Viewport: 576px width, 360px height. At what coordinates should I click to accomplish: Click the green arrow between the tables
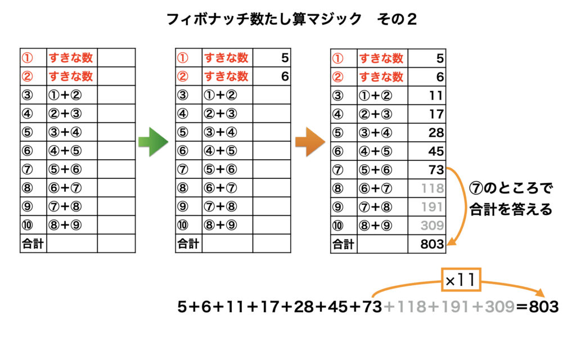pos(153,142)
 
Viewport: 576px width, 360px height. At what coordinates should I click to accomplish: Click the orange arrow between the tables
pos(310,142)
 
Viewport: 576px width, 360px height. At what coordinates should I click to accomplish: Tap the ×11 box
pos(461,280)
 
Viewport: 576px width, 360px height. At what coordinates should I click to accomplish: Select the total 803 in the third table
pos(432,244)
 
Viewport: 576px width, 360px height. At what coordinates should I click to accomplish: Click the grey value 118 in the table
pos(433,188)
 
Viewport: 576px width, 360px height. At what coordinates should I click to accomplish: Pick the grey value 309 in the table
pos(432,225)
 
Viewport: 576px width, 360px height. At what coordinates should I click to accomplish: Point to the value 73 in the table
pos(436,170)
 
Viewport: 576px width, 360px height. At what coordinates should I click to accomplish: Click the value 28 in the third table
pos(436,133)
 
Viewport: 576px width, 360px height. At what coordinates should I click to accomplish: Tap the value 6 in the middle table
pos(285,76)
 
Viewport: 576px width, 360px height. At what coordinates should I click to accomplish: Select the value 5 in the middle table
pos(285,58)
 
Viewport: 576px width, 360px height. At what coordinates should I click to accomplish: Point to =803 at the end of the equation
pos(537,307)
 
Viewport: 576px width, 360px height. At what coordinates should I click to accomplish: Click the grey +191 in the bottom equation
pos(449,307)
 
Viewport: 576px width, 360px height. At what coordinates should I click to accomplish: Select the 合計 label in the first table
pos(33,244)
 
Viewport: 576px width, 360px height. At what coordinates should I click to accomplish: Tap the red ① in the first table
pos(27,58)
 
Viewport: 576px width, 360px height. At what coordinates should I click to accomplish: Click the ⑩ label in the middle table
pos(183,225)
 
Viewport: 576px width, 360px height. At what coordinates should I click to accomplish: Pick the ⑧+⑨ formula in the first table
pos(65,225)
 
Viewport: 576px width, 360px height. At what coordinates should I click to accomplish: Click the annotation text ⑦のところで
pos(511,188)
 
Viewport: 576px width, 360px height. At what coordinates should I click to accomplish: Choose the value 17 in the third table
pos(436,114)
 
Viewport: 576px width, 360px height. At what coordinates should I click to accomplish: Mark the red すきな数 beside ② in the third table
pos(381,76)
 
